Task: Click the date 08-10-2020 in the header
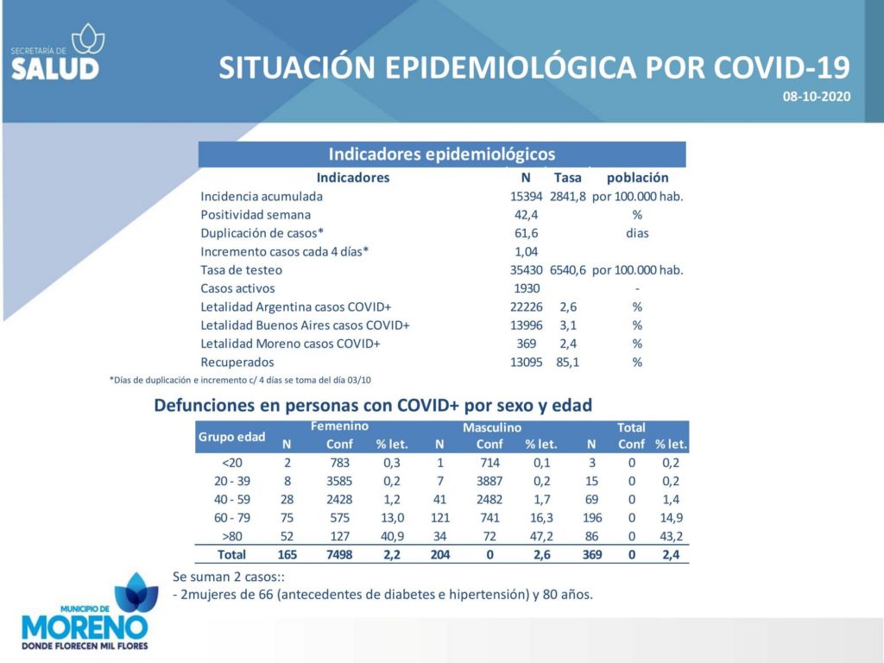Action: click(x=816, y=97)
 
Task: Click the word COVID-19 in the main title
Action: click(x=781, y=67)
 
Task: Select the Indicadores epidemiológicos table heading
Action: click(x=442, y=154)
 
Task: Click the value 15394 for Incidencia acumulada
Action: click(x=526, y=196)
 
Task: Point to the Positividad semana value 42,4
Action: click(x=526, y=215)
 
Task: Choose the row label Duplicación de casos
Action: click(x=262, y=233)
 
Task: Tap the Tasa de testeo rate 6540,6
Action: click(x=568, y=270)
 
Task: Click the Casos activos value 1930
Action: click(x=527, y=288)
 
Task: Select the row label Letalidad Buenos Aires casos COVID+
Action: click(x=305, y=325)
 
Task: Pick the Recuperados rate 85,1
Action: click(x=568, y=362)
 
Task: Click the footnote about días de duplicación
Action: click(x=240, y=380)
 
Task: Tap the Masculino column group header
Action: click(x=491, y=427)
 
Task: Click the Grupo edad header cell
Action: click(x=231, y=437)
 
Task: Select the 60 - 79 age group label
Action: click(x=231, y=518)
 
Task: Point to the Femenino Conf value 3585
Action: click(x=339, y=481)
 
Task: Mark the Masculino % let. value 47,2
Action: click(x=541, y=536)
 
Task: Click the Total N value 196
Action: click(x=592, y=518)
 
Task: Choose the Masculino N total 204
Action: click(x=440, y=555)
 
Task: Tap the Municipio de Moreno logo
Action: click(x=85, y=612)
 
